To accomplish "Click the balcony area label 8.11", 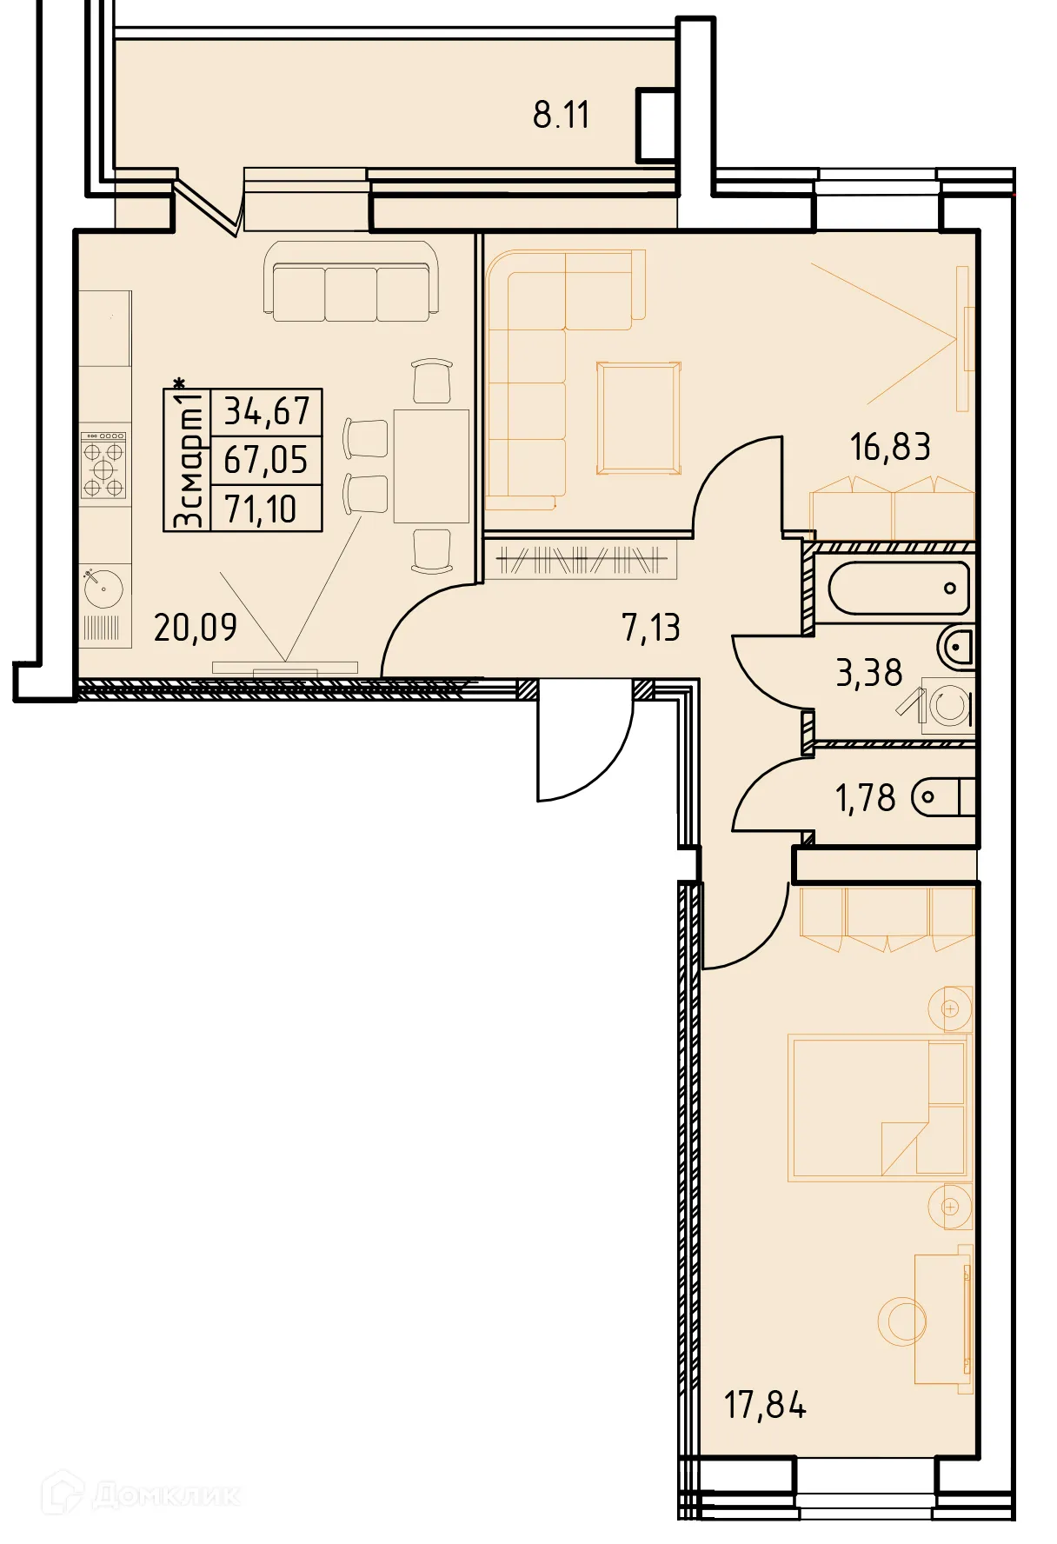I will [561, 115].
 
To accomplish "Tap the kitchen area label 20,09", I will [195, 627].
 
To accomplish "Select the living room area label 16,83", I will [890, 447].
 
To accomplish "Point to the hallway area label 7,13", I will [651, 628].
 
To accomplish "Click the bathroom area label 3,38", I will [868, 673].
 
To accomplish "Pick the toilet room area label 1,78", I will [865, 798].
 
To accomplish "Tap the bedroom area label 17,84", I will [765, 1405].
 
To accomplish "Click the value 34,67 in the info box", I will [267, 411].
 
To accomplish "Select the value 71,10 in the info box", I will [261, 509].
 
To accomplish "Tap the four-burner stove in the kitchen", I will [103, 467].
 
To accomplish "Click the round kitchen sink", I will [103, 589].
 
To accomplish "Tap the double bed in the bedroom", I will [878, 1107].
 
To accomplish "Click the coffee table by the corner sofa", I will [639, 418].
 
